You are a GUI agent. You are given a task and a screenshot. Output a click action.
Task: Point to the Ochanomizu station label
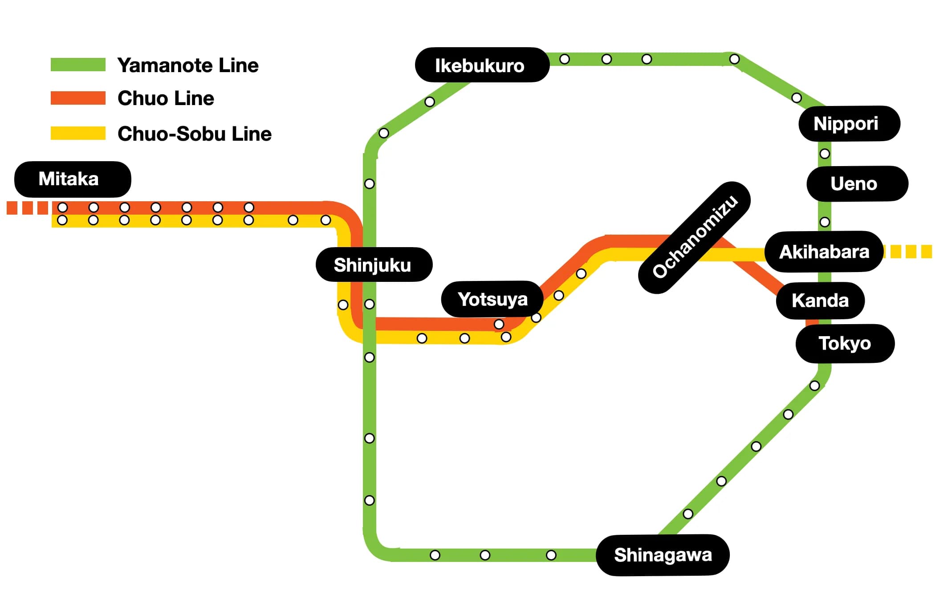pyautogui.click(x=695, y=237)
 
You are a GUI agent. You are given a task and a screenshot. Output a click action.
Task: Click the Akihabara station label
pyautogui.click(x=824, y=252)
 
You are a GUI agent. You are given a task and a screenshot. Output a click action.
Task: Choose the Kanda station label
pyautogui.click(x=820, y=301)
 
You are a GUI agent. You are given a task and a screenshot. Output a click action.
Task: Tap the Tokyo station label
pyautogui.click(x=845, y=343)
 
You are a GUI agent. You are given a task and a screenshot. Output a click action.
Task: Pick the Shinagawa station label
pyautogui.click(x=663, y=555)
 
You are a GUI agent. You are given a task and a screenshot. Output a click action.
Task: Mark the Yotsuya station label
pyautogui.click(x=492, y=299)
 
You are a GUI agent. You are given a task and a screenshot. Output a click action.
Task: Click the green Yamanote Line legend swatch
pyautogui.click(x=78, y=65)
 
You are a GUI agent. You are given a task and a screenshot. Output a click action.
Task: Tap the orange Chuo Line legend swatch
pyautogui.click(x=78, y=98)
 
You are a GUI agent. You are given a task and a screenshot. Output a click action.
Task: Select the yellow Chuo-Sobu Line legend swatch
pyautogui.click(x=78, y=133)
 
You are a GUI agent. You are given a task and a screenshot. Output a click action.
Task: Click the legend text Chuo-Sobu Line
pyautogui.click(x=194, y=134)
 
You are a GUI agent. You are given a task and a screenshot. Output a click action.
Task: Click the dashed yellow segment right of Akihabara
pyautogui.click(x=908, y=252)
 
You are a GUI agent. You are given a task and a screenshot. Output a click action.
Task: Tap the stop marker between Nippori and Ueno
pyautogui.click(x=825, y=154)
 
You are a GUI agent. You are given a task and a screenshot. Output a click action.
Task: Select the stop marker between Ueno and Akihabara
pyautogui.click(x=825, y=222)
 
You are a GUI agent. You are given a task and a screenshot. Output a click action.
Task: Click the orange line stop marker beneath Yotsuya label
pyautogui.click(x=499, y=324)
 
